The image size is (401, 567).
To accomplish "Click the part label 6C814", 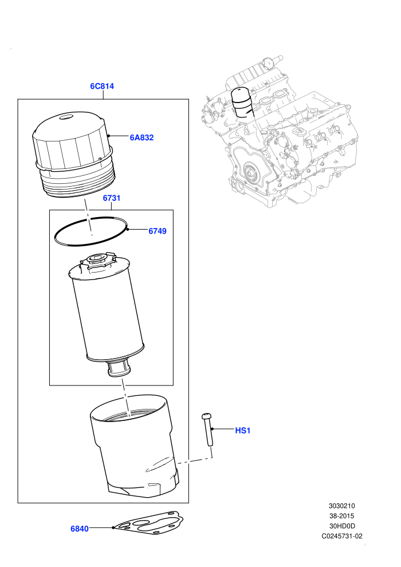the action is coord(102,86).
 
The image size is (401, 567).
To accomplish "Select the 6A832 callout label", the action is coord(141,137).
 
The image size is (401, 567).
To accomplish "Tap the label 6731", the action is coord(112,198).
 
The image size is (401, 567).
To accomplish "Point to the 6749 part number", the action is coord(158,231).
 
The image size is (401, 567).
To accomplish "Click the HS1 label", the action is coord(243,430).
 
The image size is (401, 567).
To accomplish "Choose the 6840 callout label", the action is coord(80,529).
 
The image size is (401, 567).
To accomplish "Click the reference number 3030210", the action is coord(341,506).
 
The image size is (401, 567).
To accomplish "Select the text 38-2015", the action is coord(341,516).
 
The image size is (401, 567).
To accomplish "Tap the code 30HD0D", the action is coord(341,526).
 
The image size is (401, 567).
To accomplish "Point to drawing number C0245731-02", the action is coord(342,536).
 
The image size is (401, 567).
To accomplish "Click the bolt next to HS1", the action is coord(207,430).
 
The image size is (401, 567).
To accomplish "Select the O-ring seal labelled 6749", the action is coord(91,231).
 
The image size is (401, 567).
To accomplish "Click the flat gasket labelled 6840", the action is coord(148,524).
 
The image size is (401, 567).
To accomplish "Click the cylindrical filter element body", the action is coord(108,311).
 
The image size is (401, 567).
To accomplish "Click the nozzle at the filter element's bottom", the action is coord(118,369).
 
